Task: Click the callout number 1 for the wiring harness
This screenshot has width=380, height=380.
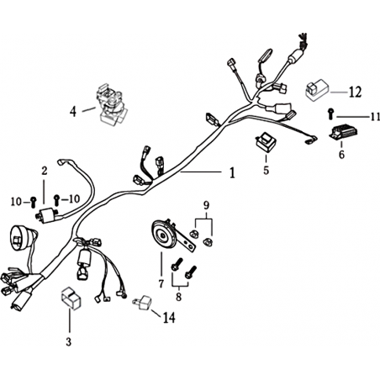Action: click(x=232, y=173)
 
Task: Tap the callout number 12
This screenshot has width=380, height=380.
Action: click(x=355, y=92)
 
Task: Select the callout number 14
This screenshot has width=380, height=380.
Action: click(x=169, y=318)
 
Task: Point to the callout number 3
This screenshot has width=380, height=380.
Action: click(x=69, y=341)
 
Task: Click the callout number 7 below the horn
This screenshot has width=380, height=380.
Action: click(x=161, y=284)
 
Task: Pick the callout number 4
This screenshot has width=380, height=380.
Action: click(x=73, y=112)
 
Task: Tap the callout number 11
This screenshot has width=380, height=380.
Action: click(x=375, y=117)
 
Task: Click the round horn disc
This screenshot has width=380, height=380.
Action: click(x=163, y=235)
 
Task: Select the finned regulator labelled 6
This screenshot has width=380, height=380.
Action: click(x=343, y=134)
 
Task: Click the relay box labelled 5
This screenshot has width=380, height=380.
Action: click(x=265, y=143)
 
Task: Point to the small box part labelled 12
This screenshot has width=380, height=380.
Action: click(x=317, y=90)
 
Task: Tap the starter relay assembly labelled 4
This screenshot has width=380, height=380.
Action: click(x=112, y=104)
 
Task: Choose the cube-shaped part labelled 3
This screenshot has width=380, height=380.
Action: click(x=71, y=298)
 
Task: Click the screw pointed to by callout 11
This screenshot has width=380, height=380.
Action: click(x=330, y=113)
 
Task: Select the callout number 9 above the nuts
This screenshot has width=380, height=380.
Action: click(x=206, y=205)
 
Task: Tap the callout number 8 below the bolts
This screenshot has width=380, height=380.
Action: click(x=179, y=297)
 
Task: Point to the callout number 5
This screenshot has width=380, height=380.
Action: click(x=266, y=170)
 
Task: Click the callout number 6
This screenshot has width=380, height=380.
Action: click(x=341, y=155)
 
